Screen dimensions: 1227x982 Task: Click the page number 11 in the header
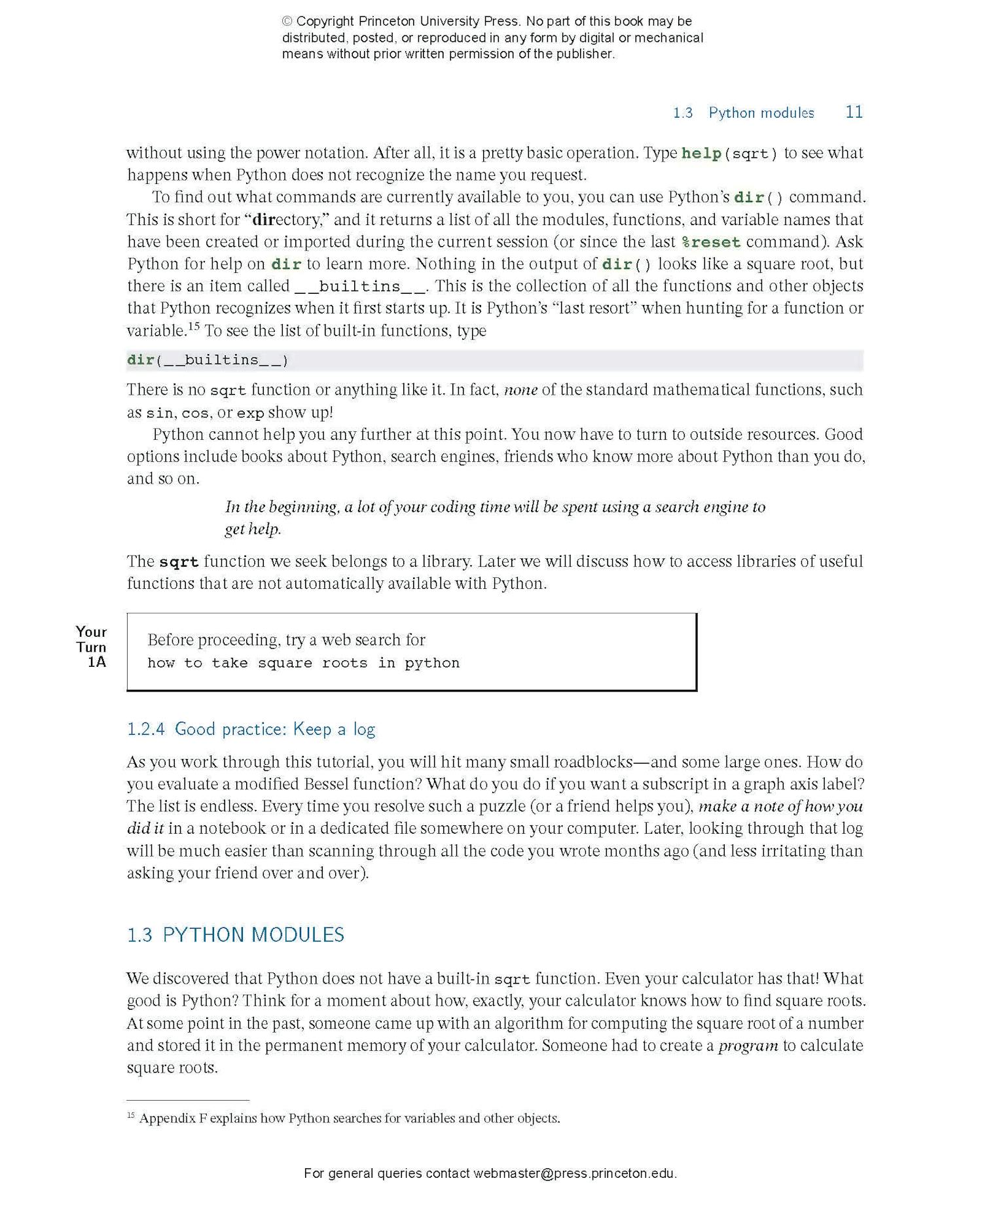(x=854, y=112)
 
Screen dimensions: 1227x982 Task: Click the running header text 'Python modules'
(x=761, y=113)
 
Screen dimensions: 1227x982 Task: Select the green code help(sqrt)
(x=729, y=154)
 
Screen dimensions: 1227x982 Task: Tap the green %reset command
(x=710, y=242)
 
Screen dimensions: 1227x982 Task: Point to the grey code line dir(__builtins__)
(x=208, y=360)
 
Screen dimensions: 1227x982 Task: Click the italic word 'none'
(x=520, y=390)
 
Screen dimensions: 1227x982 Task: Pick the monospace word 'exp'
(x=250, y=413)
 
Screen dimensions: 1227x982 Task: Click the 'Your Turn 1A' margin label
(x=92, y=647)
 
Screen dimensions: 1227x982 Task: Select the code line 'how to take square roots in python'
(x=303, y=663)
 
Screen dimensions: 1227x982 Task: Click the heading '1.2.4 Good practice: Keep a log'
(x=251, y=729)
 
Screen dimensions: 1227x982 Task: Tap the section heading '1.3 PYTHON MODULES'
(x=235, y=934)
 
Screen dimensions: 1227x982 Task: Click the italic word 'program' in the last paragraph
(x=748, y=1046)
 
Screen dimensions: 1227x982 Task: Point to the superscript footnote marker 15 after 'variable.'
(x=194, y=325)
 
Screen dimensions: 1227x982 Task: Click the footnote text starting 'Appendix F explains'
(x=350, y=1118)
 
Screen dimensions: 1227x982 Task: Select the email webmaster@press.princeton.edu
(x=573, y=1173)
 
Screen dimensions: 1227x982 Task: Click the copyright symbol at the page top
(x=287, y=22)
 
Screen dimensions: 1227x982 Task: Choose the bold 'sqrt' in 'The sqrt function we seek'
(x=178, y=562)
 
